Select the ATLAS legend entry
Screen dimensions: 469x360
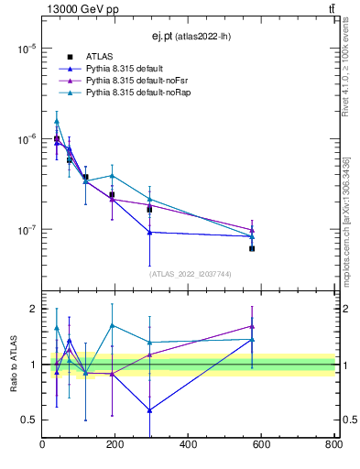pyautogui.click(x=99, y=57)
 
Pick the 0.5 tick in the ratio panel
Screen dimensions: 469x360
pyautogui.click(x=28, y=420)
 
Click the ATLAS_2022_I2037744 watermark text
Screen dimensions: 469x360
pyautogui.click(x=191, y=274)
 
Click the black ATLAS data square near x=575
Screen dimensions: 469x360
pyautogui.click(x=252, y=248)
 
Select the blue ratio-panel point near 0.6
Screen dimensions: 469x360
pyautogui.click(x=149, y=410)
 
